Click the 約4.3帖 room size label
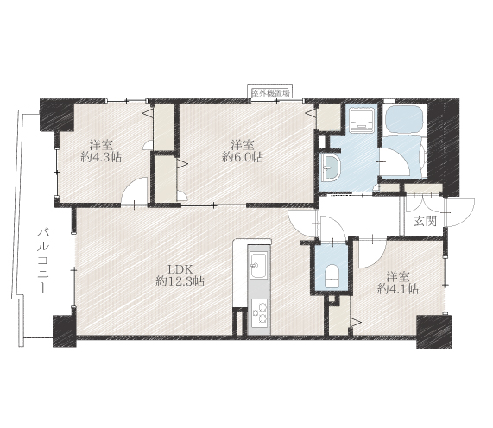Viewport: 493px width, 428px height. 101,157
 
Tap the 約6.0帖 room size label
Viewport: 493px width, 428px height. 243,157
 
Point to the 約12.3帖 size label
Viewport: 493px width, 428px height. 180,281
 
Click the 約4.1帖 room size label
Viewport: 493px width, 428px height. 398,288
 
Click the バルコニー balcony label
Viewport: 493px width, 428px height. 42,261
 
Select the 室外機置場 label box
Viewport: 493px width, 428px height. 270,93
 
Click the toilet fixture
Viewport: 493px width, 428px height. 332,276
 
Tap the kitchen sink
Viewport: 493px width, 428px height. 258,265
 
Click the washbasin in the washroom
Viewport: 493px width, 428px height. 329,167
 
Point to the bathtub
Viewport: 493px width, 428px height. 405,119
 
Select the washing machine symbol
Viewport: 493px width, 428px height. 362,120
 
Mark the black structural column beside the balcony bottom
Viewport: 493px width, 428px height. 65,330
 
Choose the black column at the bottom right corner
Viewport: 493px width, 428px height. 434,332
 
